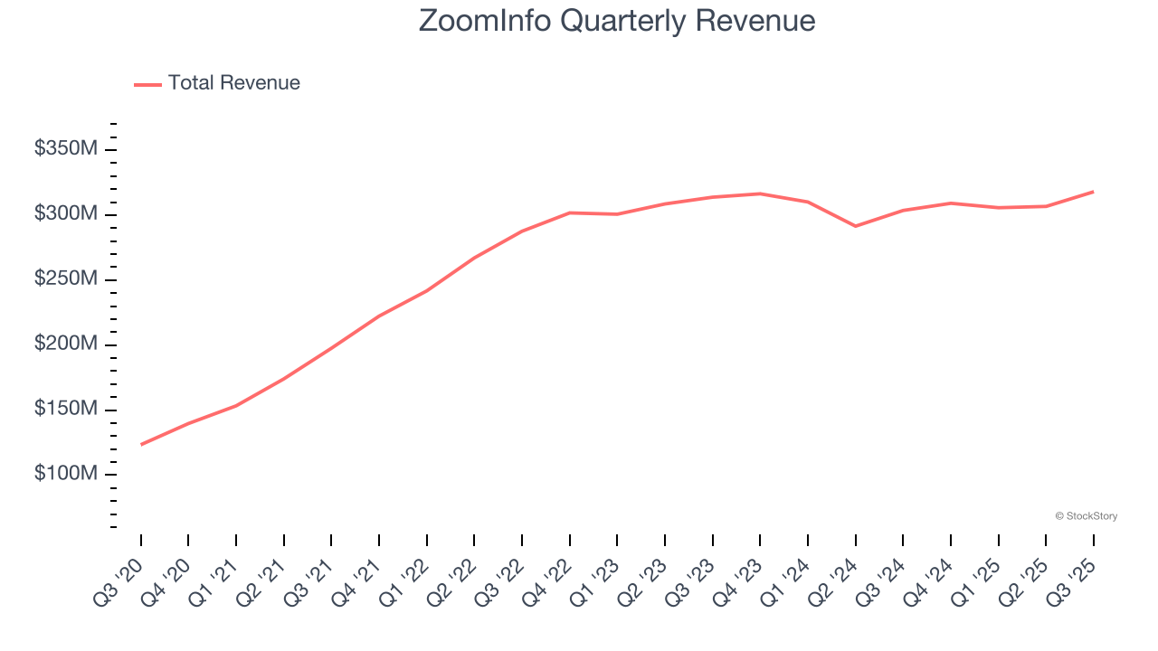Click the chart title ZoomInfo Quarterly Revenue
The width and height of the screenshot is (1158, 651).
click(617, 21)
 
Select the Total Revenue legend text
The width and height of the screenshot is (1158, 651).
click(233, 83)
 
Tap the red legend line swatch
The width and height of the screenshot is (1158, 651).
click(147, 84)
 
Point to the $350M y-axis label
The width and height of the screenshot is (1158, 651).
click(65, 149)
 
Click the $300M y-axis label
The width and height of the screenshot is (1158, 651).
click(65, 214)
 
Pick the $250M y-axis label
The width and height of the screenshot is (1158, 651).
click(65, 279)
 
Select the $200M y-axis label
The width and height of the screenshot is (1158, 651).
click(65, 344)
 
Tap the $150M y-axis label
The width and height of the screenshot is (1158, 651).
click(65, 410)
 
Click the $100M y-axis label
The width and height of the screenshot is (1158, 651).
click(65, 475)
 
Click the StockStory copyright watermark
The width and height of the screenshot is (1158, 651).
click(1086, 516)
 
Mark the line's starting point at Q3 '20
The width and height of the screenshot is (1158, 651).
click(141, 445)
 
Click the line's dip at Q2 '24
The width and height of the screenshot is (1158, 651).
click(856, 226)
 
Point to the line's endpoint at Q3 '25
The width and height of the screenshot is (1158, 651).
click(1093, 192)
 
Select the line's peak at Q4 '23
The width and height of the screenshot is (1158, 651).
click(760, 193)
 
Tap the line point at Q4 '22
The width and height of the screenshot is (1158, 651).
click(570, 212)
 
